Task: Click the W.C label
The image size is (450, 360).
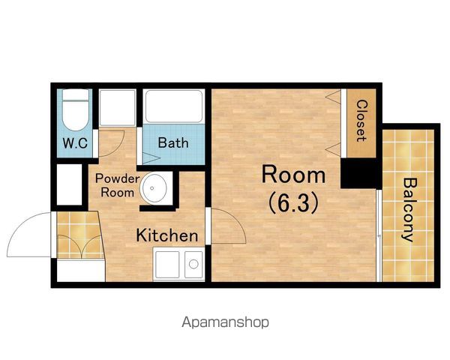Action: (x=75, y=143)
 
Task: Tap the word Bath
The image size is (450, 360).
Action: (x=173, y=142)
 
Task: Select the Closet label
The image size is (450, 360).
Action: (x=361, y=121)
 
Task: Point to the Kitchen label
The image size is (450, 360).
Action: (x=167, y=235)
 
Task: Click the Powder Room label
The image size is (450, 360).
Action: (x=118, y=185)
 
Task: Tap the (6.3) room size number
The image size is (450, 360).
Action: (x=293, y=202)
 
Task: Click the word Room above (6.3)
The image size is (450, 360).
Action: (x=293, y=175)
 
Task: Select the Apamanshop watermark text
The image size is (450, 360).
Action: (x=225, y=322)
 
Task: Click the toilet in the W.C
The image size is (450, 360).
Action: (x=76, y=110)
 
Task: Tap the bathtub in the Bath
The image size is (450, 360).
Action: (x=174, y=106)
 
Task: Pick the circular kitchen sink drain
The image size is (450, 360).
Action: (x=193, y=264)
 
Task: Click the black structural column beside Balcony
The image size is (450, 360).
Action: (x=358, y=173)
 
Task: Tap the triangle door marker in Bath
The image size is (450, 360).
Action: (x=151, y=158)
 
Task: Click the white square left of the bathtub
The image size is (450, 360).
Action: (x=118, y=108)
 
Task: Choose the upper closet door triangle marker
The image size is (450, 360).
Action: (x=333, y=96)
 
